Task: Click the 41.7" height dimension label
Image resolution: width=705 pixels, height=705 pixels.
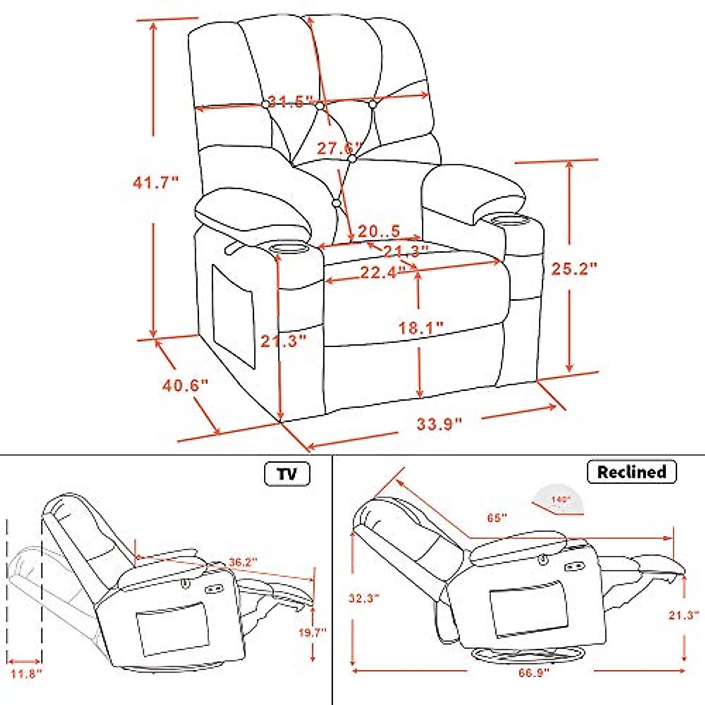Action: click(x=155, y=183)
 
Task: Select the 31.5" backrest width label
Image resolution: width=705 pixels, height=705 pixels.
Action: click(x=290, y=102)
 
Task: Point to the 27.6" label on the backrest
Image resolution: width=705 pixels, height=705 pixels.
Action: click(x=340, y=148)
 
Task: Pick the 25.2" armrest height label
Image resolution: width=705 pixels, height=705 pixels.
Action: click(x=574, y=268)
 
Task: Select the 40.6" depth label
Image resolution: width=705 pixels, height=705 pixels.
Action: click(x=185, y=386)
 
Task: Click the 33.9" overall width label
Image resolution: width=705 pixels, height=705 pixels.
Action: click(x=439, y=423)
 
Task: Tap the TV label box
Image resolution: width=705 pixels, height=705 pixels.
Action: click(x=287, y=474)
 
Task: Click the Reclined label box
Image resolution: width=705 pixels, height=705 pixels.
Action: click(x=632, y=472)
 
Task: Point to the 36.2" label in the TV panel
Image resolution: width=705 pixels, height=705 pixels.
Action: click(x=243, y=562)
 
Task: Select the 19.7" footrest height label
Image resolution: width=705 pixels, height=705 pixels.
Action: click(x=312, y=633)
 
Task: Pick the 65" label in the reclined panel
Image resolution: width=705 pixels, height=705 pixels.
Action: click(x=496, y=518)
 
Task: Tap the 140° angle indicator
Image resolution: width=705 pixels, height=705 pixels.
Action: click(x=559, y=498)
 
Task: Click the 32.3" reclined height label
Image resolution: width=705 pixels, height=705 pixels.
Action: click(x=364, y=599)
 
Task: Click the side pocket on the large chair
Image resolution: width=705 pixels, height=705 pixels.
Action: click(x=233, y=315)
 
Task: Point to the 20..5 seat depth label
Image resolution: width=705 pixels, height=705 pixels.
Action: click(x=378, y=231)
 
